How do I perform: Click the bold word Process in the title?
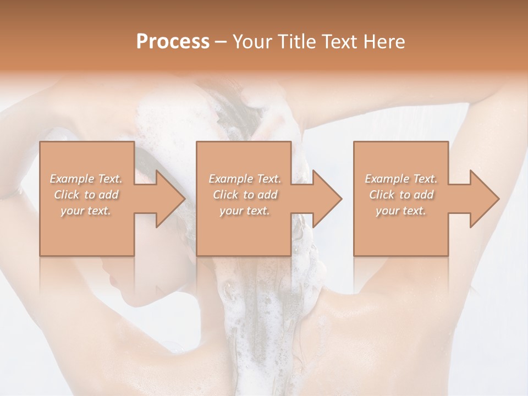(x=173, y=42)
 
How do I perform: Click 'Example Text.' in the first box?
(x=86, y=179)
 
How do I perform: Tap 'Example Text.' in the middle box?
(x=245, y=179)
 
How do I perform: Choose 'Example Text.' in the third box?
(x=401, y=179)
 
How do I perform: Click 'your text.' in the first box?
(x=86, y=211)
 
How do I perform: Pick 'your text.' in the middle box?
(x=245, y=211)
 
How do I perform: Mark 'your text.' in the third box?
(x=401, y=211)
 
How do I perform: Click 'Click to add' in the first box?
(x=86, y=195)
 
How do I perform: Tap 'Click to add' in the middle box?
(x=245, y=195)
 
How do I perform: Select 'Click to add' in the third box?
(x=401, y=195)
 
